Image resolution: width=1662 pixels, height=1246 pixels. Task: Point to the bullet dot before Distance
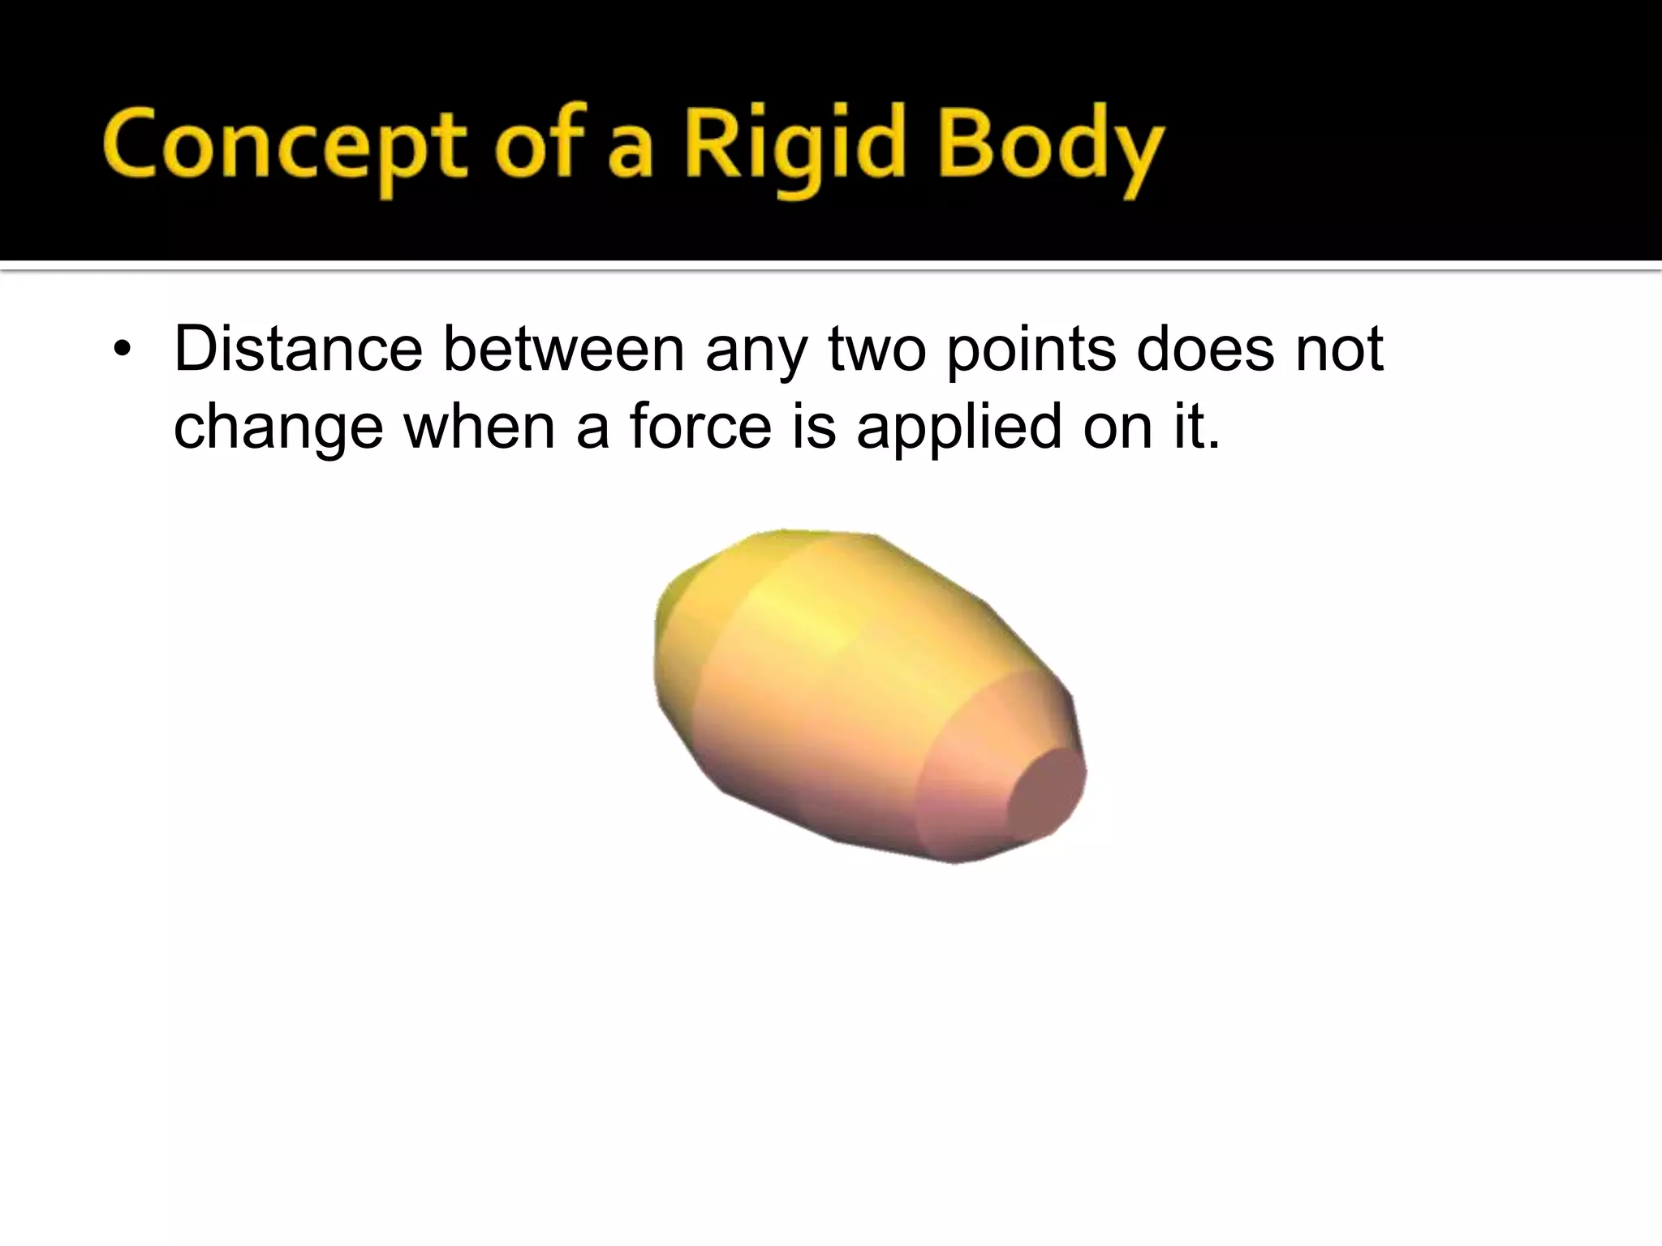pos(122,350)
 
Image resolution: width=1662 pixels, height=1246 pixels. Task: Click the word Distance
pos(298,349)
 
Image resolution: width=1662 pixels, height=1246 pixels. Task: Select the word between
pos(563,349)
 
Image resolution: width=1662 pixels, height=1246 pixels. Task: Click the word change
pos(278,428)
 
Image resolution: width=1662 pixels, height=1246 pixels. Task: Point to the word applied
pos(958,428)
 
